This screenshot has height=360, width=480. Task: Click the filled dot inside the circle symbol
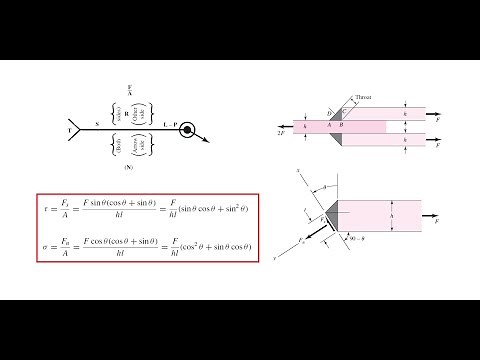pyautogui.click(x=189, y=129)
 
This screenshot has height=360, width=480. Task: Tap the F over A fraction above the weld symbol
pyautogui.click(x=130, y=91)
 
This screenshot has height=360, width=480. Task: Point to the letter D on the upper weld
pyautogui.click(x=330, y=114)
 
